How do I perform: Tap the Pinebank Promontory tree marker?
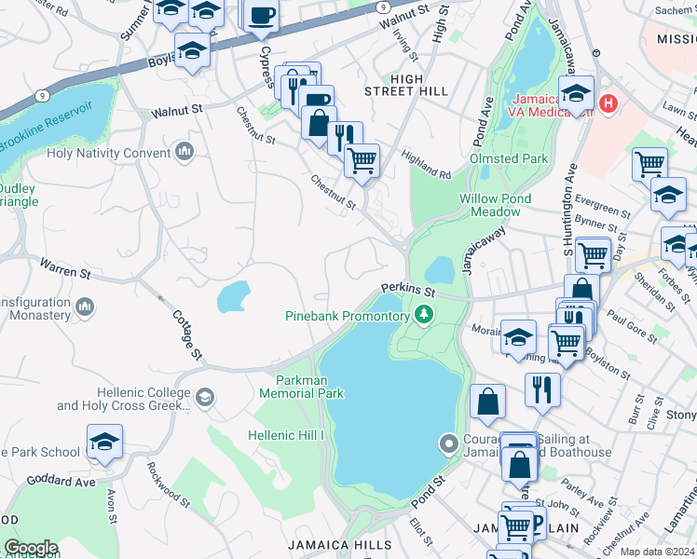pyautogui.click(x=424, y=317)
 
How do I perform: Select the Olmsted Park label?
pyautogui.click(x=509, y=159)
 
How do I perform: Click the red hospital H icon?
pyautogui.click(x=609, y=102)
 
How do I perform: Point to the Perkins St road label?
pyautogui.click(x=407, y=291)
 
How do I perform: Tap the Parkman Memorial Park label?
pyautogui.click(x=309, y=387)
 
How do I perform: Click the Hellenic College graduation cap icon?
pyautogui.click(x=203, y=399)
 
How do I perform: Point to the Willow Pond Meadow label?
pyautogui.click(x=496, y=205)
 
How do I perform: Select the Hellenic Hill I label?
pyautogui.click(x=286, y=435)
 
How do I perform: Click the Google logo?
pyautogui.click(x=31, y=548)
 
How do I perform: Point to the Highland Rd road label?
pyautogui.click(x=425, y=165)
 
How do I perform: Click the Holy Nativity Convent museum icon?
pyautogui.click(x=184, y=152)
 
